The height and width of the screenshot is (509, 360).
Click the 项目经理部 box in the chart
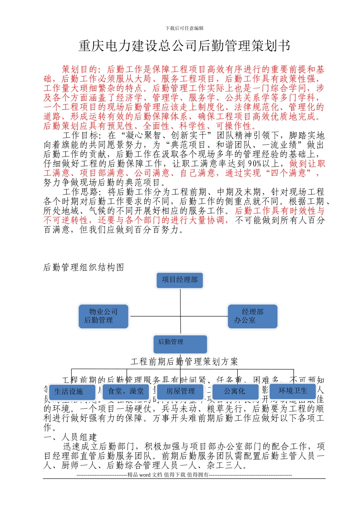(x=180, y=280)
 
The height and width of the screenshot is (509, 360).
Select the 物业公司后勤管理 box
(x=103, y=316)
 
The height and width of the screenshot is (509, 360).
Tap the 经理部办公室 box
(x=252, y=316)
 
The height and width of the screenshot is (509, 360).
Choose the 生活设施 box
(x=69, y=392)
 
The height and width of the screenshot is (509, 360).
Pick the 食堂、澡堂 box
(x=126, y=391)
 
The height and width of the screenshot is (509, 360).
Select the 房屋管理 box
(x=180, y=391)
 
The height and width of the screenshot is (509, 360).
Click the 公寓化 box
(x=235, y=391)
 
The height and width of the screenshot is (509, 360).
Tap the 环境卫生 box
(x=293, y=391)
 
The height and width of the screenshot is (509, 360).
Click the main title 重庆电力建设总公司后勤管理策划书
(x=184, y=46)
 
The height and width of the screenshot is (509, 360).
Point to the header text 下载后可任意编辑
(x=185, y=28)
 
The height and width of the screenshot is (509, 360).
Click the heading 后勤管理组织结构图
(x=84, y=267)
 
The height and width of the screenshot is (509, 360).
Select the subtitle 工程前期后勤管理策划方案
(x=184, y=362)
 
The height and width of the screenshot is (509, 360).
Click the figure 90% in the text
(x=255, y=164)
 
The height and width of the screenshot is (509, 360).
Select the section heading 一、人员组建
(x=70, y=437)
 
